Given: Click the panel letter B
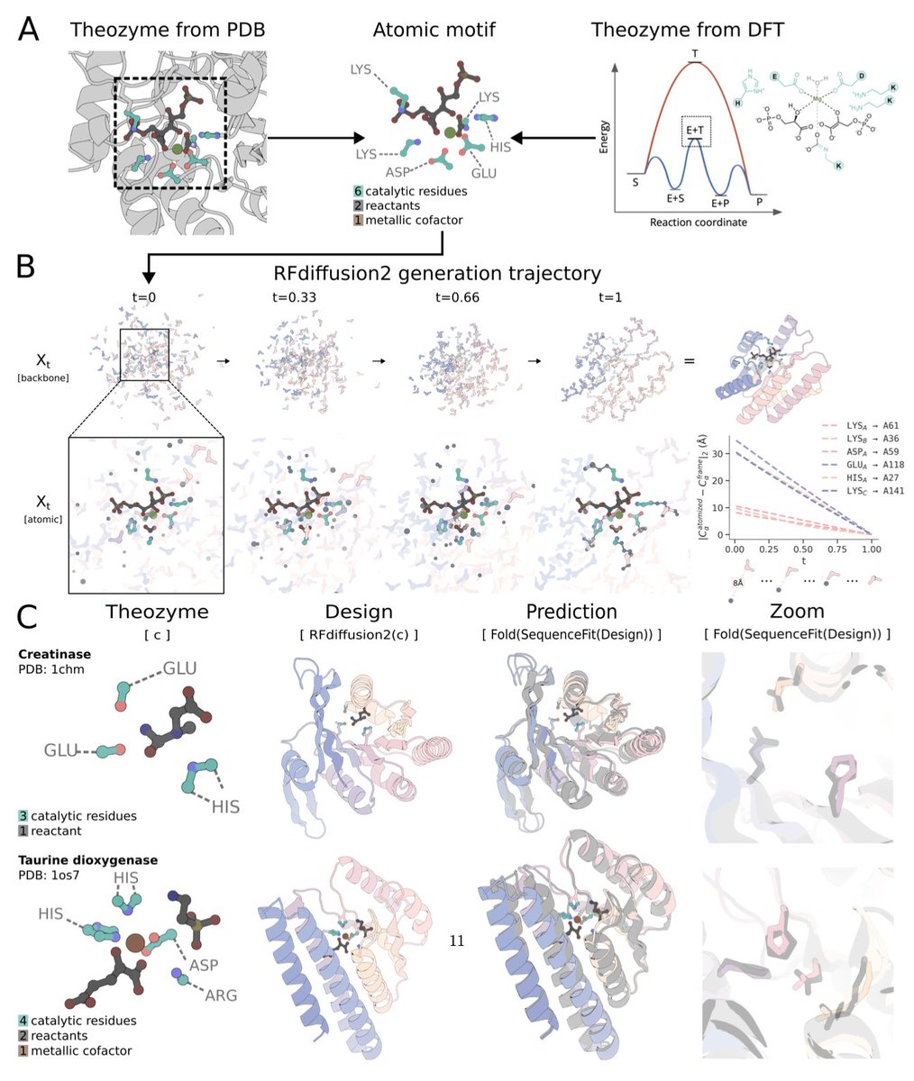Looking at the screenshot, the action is (x=28, y=266).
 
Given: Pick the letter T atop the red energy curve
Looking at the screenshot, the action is (x=694, y=55).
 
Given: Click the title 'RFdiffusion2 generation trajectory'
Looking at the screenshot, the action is (x=437, y=272).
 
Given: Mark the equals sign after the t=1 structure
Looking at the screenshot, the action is (x=689, y=360).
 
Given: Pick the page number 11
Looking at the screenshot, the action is (x=456, y=941).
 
